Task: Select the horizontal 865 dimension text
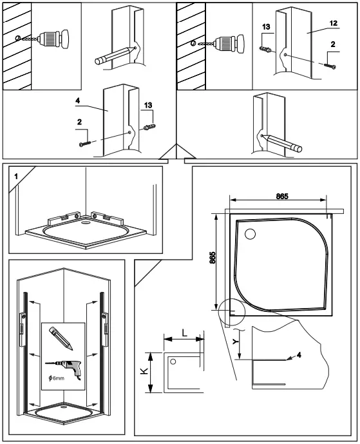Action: tap(281, 197)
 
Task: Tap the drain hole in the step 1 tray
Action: tap(86, 226)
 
